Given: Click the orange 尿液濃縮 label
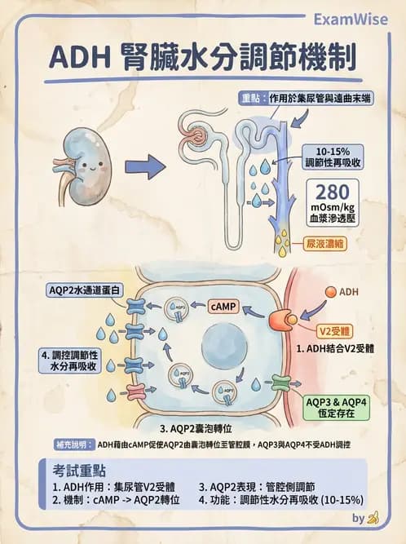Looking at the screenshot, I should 321,243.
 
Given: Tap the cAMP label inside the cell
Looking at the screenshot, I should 224,307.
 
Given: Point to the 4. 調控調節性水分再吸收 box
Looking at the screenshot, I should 70,361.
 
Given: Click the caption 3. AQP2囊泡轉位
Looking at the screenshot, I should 199,427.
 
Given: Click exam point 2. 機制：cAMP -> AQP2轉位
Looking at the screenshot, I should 116,500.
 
